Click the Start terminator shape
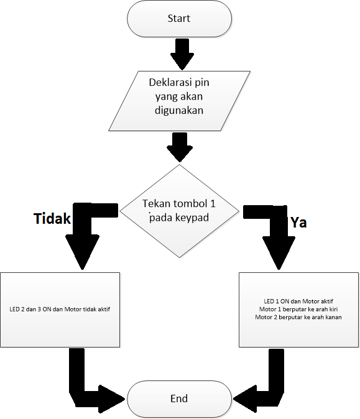179,19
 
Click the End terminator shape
179,398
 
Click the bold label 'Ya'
298,222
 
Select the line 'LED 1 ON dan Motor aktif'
298,300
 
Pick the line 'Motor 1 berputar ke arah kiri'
298,308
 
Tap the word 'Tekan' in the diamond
154,205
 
